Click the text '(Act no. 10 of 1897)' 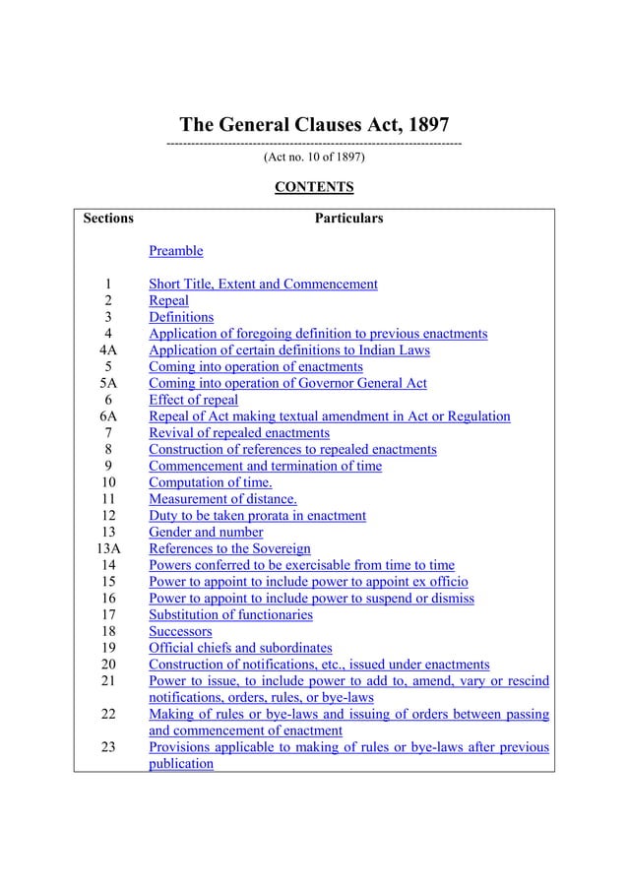click(x=314, y=157)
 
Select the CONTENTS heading click(x=314, y=187)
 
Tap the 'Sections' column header click(x=108, y=218)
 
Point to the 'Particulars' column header click(x=348, y=218)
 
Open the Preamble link click(x=175, y=251)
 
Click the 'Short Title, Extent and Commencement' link click(x=263, y=285)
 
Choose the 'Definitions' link click(x=181, y=317)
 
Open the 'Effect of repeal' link click(x=193, y=400)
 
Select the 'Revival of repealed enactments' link click(x=239, y=433)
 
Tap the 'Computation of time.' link click(x=211, y=482)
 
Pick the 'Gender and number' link click(x=206, y=533)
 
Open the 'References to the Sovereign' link click(x=229, y=548)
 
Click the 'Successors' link click(x=180, y=631)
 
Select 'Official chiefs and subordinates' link click(x=240, y=648)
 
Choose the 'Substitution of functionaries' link click(x=230, y=614)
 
